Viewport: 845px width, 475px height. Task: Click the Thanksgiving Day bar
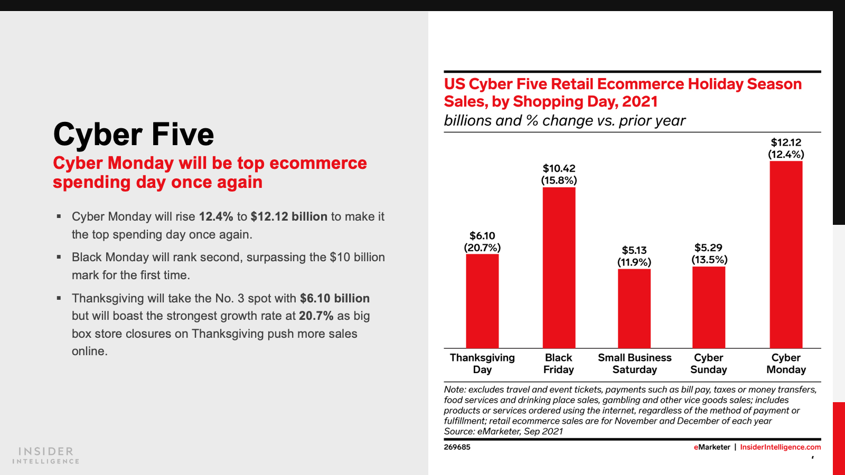point(482,301)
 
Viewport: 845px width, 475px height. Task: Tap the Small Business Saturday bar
point(634,308)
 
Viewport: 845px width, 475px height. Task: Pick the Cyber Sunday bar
point(709,307)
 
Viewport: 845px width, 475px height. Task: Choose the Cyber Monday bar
point(786,254)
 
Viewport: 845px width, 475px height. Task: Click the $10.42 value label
point(559,168)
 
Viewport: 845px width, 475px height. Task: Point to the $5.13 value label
point(634,250)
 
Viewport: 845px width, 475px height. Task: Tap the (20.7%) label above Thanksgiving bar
point(482,248)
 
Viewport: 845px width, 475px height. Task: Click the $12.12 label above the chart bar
point(786,142)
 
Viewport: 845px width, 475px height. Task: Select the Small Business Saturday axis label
point(634,364)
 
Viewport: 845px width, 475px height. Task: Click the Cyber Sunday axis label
point(709,364)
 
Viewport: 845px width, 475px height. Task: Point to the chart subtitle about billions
point(565,121)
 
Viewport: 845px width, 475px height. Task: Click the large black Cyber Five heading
point(134,134)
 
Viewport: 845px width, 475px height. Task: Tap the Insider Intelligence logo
point(46,455)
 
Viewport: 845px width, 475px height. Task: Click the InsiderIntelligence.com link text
point(780,447)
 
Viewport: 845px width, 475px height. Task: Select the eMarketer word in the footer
point(712,447)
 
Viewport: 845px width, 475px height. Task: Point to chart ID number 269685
point(457,447)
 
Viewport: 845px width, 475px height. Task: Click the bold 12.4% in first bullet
point(216,216)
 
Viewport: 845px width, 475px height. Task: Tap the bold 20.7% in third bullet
point(316,316)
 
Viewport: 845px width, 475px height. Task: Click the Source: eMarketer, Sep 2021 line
point(503,431)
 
